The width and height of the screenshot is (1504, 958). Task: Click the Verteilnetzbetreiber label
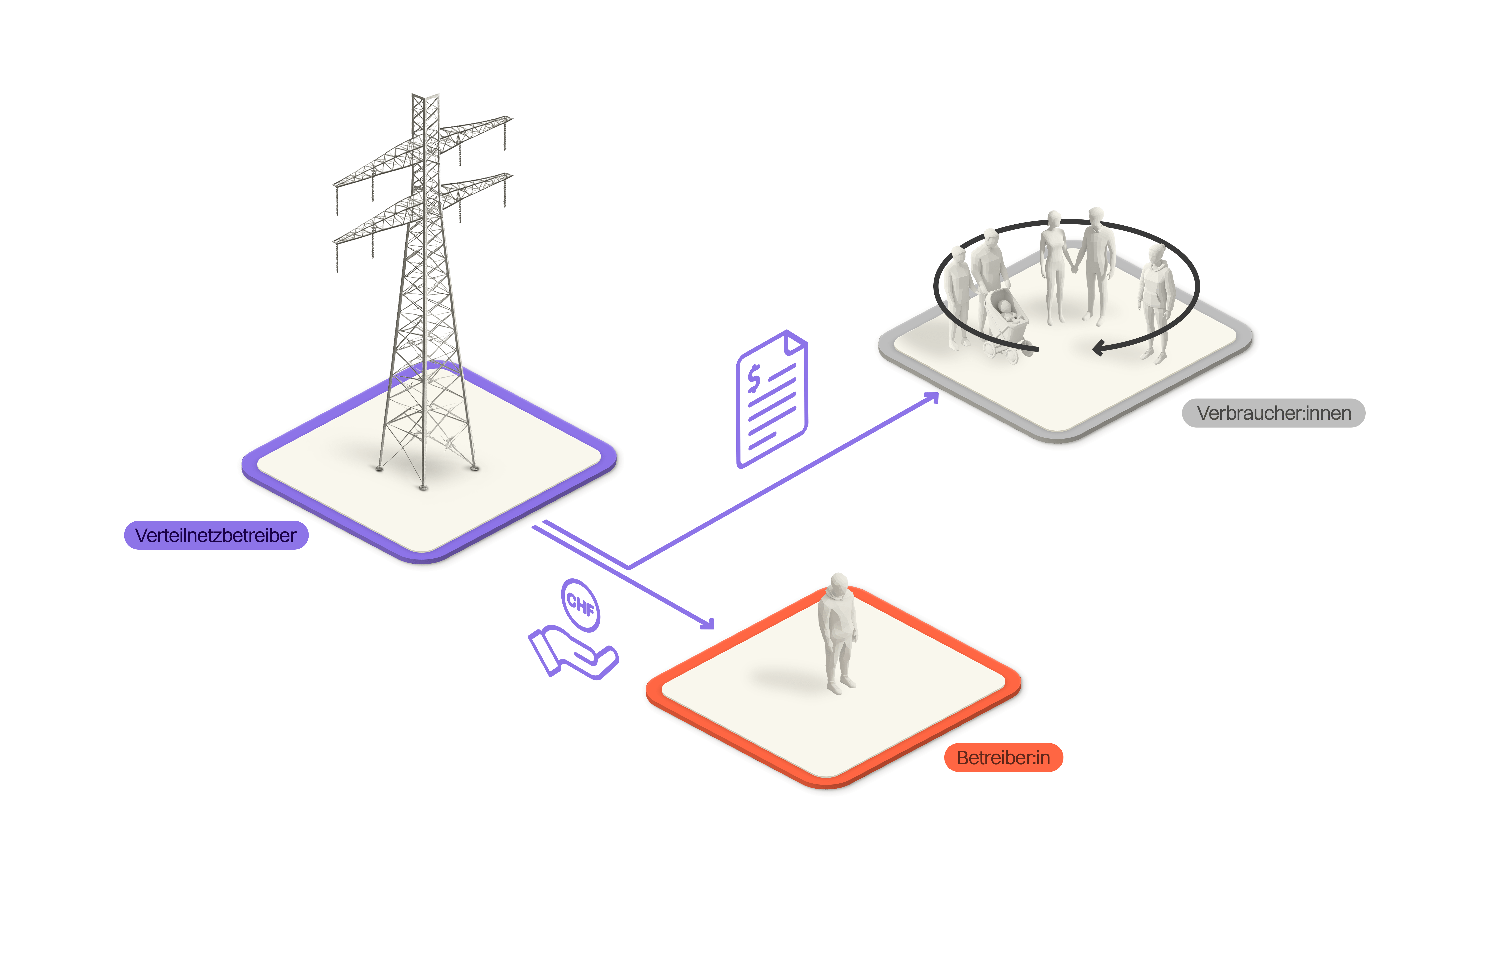216,535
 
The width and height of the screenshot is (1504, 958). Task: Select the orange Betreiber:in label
1003,758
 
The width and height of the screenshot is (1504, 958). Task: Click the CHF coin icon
580,605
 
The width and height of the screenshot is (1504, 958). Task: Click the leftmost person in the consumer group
957,294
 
